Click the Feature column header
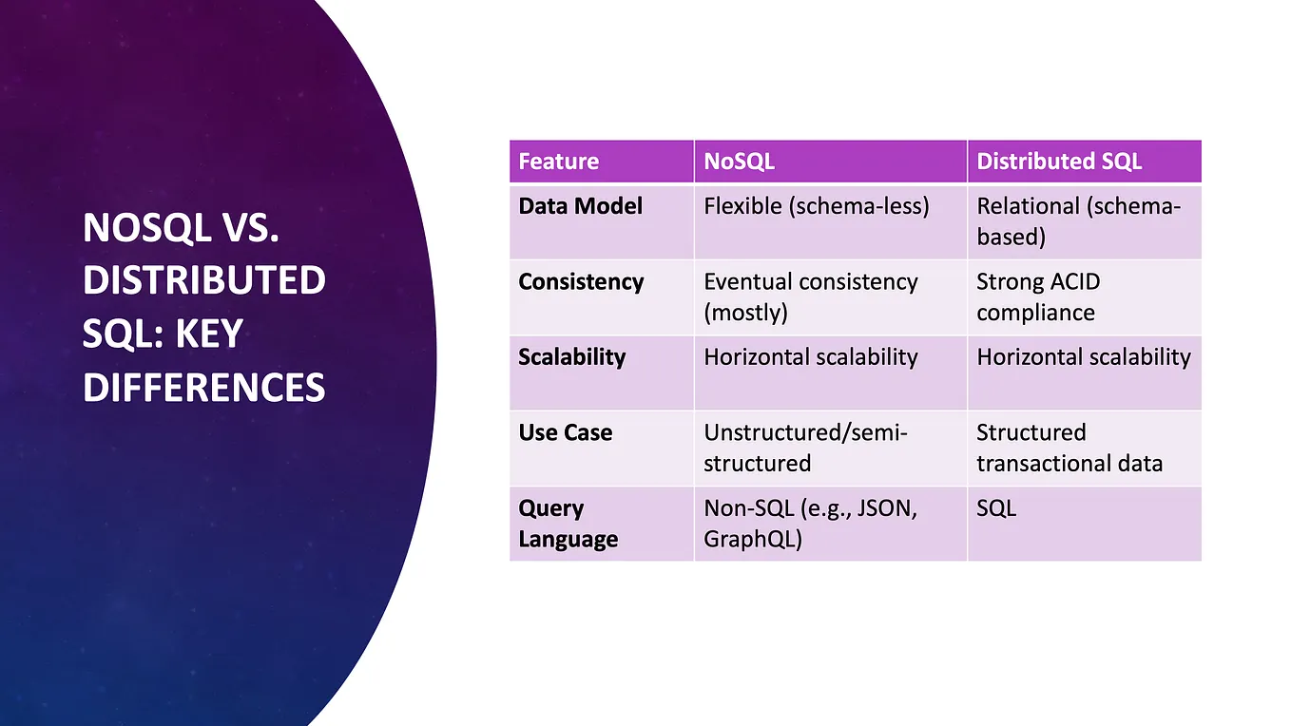point(559,162)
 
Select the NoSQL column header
point(739,162)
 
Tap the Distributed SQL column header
point(1059,162)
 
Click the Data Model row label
point(581,206)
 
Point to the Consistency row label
point(581,282)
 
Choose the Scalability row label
point(572,357)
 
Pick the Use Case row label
point(566,433)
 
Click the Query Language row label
point(568,524)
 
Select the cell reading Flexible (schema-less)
point(816,206)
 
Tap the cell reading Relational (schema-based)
point(1078,221)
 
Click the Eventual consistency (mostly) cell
point(810,296)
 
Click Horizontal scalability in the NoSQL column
point(810,357)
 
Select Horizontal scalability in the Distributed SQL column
point(1083,357)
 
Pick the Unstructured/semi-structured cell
point(805,448)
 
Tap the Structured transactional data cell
point(1069,448)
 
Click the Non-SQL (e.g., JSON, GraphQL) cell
point(810,524)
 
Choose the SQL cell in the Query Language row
point(996,508)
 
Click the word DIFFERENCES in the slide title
point(204,389)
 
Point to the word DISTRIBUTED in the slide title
point(204,281)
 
